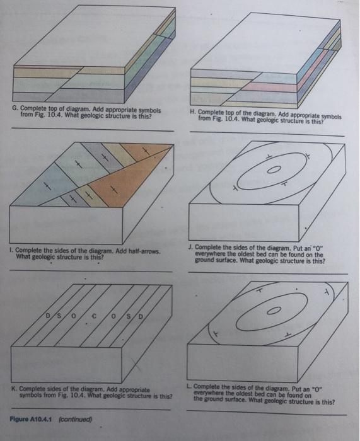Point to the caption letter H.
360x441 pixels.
192,112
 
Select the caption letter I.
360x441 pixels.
13,251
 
